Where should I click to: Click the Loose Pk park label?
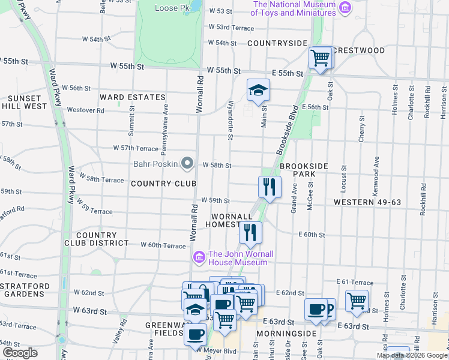click(x=172, y=8)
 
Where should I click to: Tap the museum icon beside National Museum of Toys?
click(x=345, y=8)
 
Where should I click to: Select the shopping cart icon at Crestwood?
click(x=321, y=58)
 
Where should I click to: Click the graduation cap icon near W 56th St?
click(x=258, y=91)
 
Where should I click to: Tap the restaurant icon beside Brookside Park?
click(x=270, y=187)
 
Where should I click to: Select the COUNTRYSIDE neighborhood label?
click(x=277, y=43)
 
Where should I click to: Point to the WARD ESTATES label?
click(x=132, y=97)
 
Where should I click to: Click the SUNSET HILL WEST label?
click(x=24, y=102)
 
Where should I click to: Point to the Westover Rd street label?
click(x=85, y=110)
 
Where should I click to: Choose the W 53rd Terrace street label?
click(x=231, y=28)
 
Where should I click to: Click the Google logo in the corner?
click(x=20, y=353)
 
